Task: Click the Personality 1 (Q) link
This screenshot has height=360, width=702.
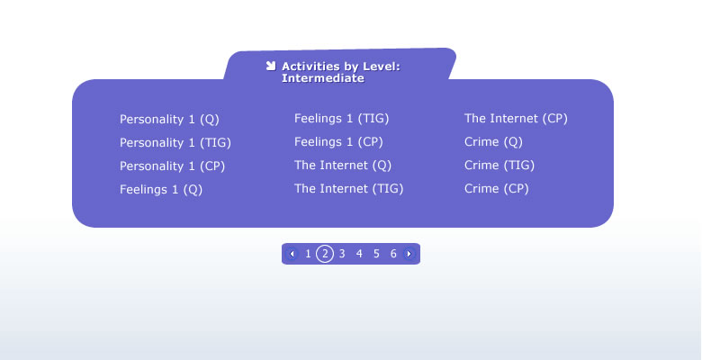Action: click(169, 120)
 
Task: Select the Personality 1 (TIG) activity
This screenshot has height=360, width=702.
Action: click(175, 143)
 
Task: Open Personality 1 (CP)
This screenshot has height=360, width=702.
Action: click(173, 166)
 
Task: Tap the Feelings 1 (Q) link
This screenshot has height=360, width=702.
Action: click(161, 189)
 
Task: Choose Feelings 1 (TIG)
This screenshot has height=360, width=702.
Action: click(342, 119)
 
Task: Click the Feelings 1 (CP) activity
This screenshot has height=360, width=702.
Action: click(338, 142)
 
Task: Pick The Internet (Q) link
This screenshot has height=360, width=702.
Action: click(343, 166)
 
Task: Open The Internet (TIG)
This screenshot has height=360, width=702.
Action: click(349, 188)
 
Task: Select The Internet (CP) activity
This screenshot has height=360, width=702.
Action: click(516, 119)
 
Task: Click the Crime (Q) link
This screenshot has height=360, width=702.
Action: click(493, 142)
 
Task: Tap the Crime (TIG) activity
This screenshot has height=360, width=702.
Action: click(499, 166)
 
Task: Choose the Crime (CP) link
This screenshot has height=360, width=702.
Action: click(497, 188)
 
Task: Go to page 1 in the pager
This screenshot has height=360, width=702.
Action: click(308, 254)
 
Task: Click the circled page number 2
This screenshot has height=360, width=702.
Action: click(325, 254)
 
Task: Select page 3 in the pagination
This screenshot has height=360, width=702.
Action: click(342, 254)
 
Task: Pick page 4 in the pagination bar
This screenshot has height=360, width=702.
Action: click(359, 254)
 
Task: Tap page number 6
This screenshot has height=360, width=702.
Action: click(393, 254)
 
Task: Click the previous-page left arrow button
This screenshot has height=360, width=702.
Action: click(292, 254)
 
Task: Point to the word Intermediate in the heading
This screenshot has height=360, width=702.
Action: click(323, 78)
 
